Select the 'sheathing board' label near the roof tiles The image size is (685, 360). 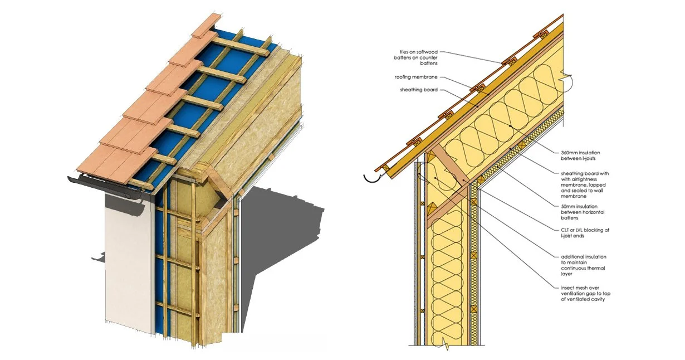click(418, 89)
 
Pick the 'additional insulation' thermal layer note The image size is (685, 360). click(584, 265)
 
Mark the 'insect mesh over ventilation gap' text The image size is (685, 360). click(585, 294)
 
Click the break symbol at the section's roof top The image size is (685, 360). click(568, 81)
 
